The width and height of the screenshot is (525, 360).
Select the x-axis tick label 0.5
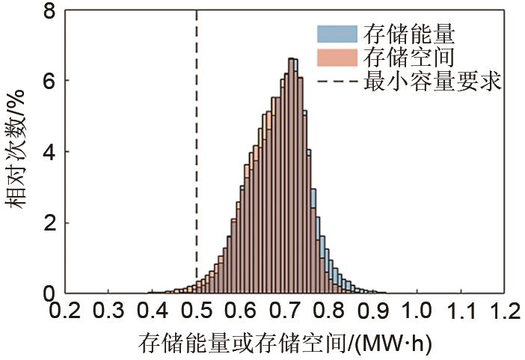(196, 309)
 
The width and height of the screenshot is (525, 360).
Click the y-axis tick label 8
(50, 12)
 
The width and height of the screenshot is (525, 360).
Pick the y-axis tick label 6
(50, 81)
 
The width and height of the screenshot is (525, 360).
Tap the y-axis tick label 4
(50, 152)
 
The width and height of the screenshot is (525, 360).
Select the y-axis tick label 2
(50, 223)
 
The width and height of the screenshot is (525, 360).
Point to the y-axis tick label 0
(50, 293)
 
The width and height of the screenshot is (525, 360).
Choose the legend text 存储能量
(408, 34)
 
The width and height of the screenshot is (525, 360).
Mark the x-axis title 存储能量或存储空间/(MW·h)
(285, 344)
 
